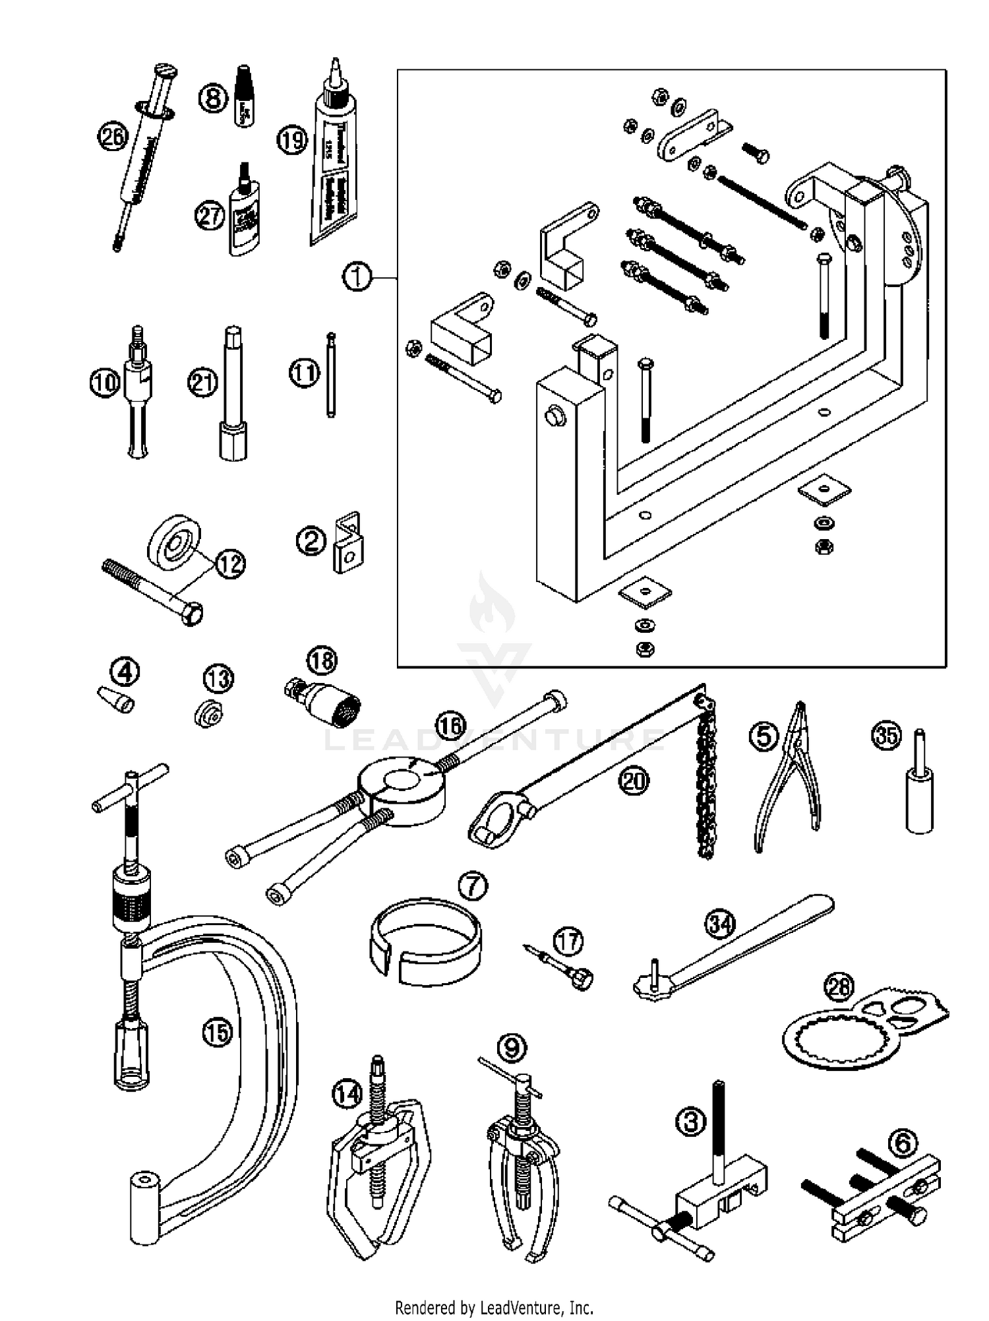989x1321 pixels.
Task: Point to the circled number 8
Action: point(213,98)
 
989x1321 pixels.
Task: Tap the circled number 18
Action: point(322,660)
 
